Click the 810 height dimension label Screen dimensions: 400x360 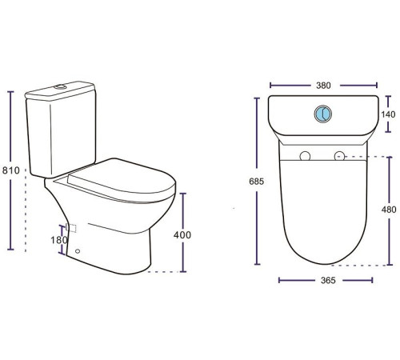click(11, 170)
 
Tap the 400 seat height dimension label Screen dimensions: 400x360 click(182, 235)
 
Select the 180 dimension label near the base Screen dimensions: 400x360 click(59, 240)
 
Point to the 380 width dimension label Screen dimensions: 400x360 click(323, 86)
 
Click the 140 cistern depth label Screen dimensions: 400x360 click(388, 114)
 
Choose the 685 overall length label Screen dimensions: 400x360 click(257, 182)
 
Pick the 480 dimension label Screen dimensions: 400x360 click(389, 210)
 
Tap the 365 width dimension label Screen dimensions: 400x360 click(328, 280)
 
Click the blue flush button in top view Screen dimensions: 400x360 click(323, 114)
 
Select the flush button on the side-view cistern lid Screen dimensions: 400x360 click(60, 86)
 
